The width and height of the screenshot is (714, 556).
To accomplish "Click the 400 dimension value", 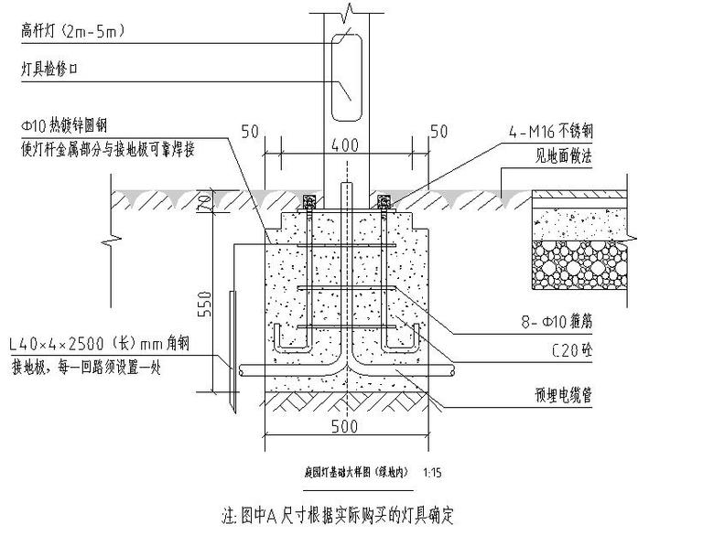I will tap(345, 145).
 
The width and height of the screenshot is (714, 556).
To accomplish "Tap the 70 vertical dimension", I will tap(208, 202).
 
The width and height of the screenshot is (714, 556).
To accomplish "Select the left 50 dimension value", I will tap(250, 131).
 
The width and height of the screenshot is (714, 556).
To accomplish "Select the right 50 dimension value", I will tap(440, 131).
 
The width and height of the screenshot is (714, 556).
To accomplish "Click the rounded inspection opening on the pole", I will tap(345, 76).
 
